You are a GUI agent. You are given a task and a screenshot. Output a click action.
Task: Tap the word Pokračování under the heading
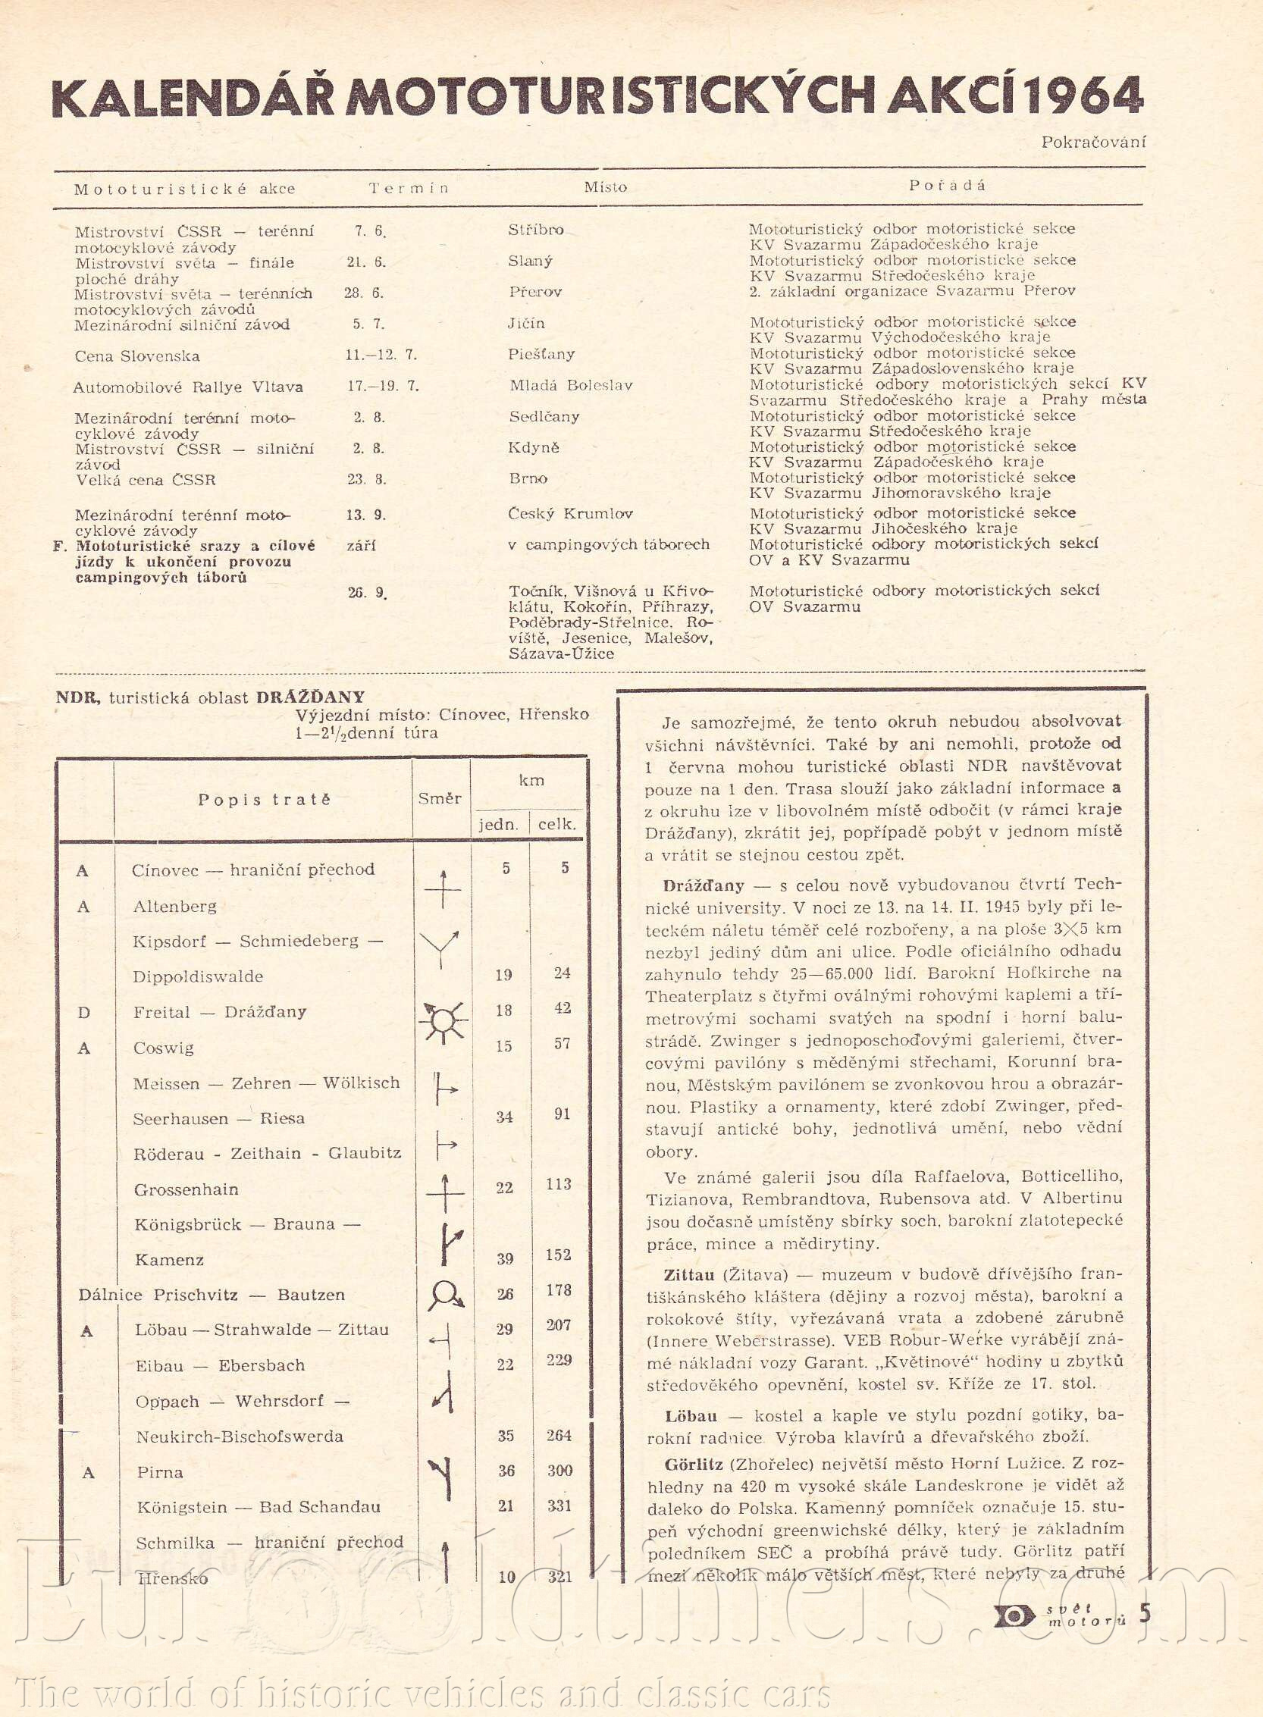pyautogui.click(x=1093, y=142)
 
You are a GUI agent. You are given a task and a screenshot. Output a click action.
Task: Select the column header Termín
pyautogui.click(x=409, y=188)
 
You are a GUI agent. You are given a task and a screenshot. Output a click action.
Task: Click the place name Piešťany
pyautogui.click(x=541, y=354)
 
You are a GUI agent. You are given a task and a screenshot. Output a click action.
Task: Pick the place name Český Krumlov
pyautogui.click(x=559, y=514)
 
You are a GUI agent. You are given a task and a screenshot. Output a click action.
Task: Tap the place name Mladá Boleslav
pyautogui.click(x=571, y=385)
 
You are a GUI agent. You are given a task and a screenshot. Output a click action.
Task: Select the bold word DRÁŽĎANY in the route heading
pyautogui.click(x=310, y=697)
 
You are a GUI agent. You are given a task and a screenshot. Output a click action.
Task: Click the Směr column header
pyautogui.click(x=440, y=798)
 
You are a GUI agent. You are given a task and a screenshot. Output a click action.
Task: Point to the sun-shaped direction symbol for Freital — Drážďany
pyautogui.click(x=443, y=1020)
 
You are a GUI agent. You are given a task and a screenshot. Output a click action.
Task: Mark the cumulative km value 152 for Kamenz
pyautogui.click(x=559, y=1255)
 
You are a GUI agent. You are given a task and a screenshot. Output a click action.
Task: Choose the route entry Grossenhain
pyautogui.click(x=186, y=1189)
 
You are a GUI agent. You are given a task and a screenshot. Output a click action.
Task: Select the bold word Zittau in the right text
pyautogui.click(x=691, y=1274)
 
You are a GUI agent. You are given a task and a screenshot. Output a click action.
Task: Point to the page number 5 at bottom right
pyautogui.click(x=1145, y=1613)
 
